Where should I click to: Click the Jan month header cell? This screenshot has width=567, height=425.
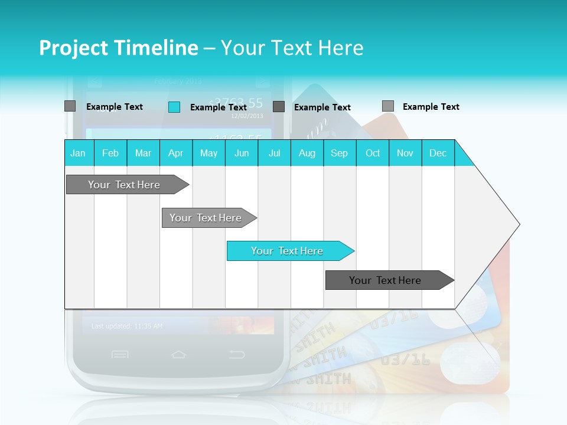coord(79,153)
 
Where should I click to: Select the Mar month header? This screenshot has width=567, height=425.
coord(143,153)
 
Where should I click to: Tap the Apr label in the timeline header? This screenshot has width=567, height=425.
coord(175,153)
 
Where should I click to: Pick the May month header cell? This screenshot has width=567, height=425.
coord(208,153)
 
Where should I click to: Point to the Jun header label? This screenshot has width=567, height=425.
coord(242,153)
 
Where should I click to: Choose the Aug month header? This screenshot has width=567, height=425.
coord(307,153)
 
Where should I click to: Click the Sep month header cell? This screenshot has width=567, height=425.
coord(340,153)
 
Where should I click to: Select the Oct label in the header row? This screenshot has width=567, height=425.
coord(373,153)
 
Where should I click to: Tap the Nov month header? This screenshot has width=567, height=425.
coord(405,153)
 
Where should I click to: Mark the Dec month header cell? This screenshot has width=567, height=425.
coord(438,153)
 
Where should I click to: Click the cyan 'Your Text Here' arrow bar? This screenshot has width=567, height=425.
coord(288,251)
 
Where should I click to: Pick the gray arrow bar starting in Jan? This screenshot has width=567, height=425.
coord(125,185)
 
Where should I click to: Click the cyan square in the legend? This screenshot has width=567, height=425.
coord(174,107)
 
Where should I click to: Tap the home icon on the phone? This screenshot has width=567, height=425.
coord(178,354)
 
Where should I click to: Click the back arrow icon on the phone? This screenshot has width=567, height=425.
coord(237,354)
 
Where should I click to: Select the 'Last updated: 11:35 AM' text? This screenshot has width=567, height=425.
coord(127,326)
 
